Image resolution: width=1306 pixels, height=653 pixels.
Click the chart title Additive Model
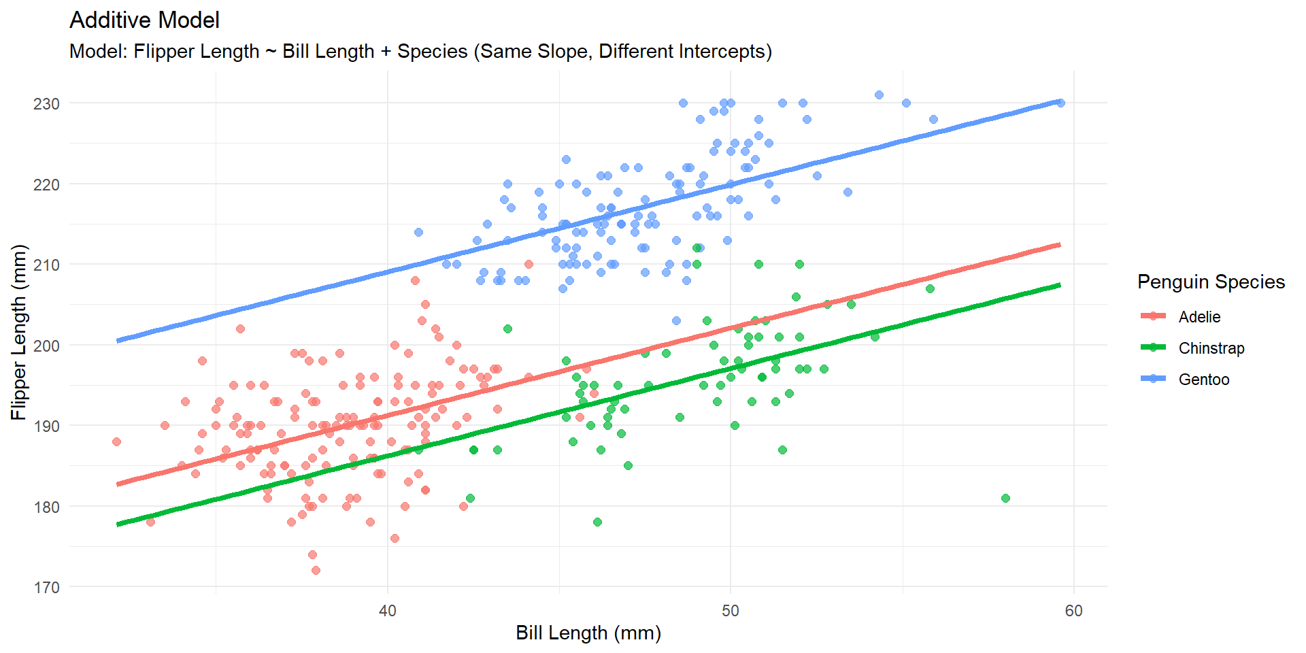(x=144, y=20)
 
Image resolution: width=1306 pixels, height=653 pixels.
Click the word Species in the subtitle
(x=432, y=52)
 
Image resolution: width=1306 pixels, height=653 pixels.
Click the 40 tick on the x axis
(x=388, y=611)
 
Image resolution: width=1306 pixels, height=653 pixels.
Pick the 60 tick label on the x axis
(x=1073, y=611)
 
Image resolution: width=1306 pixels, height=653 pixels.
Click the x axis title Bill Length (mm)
(x=588, y=633)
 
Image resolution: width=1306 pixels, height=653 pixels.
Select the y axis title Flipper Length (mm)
(x=18, y=332)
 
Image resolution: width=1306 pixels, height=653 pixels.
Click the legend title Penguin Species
(x=1211, y=282)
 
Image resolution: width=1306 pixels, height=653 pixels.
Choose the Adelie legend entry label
(x=1199, y=317)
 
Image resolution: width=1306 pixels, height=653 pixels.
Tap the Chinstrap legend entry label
(x=1211, y=348)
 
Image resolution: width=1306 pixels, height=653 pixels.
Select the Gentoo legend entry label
(x=1203, y=380)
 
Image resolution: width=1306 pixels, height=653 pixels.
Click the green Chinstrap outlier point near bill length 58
(x=1005, y=499)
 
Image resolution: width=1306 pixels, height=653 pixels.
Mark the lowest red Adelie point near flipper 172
(x=316, y=571)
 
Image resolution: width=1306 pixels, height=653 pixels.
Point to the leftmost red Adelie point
(x=116, y=442)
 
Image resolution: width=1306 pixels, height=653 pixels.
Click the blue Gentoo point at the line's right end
(x=1060, y=103)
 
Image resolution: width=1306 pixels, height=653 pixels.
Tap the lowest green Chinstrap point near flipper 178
(x=597, y=522)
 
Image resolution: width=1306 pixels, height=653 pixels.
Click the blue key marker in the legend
(x=1153, y=379)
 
